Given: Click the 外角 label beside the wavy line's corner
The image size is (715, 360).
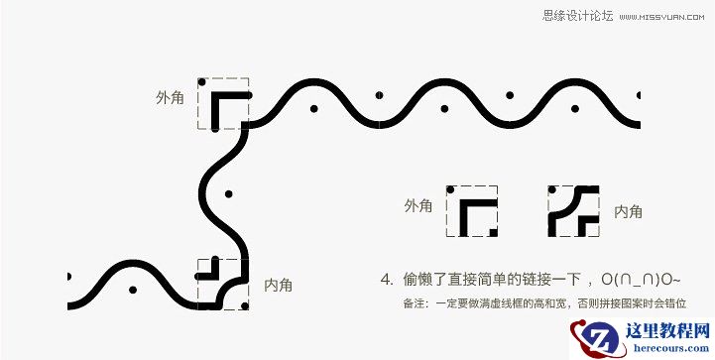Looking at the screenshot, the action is [170, 99].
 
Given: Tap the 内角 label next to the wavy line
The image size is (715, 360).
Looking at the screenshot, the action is [279, 285].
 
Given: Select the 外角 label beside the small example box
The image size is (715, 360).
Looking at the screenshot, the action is [418, 206].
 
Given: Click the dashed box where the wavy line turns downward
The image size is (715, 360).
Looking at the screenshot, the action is [223, 103].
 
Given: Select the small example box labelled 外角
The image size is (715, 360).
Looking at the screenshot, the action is [471, 210].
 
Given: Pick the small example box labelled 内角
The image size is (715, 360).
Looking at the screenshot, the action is [575, 210].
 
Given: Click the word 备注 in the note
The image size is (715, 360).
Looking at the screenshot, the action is [414, 303].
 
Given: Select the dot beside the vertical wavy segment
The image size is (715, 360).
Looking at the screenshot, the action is [228, 192].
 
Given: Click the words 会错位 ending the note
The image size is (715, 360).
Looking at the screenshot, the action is [669, 303].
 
